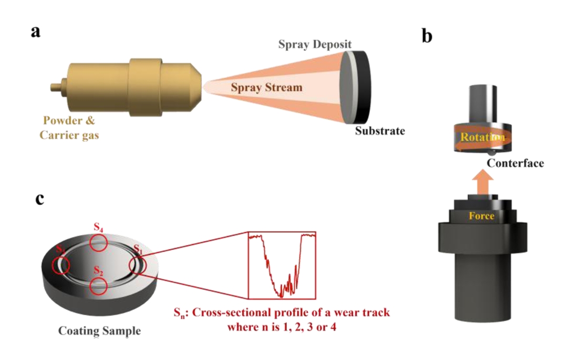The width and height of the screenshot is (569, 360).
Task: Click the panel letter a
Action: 35,31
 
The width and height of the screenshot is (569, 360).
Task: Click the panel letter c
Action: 39,200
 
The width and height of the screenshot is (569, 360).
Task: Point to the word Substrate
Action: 380,130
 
